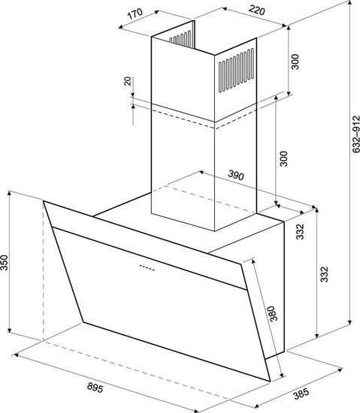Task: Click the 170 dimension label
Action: (135, 14)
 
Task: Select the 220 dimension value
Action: (256, 11)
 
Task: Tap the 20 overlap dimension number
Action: (128, 81)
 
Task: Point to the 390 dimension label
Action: (236, 176)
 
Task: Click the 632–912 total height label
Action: (355, 134)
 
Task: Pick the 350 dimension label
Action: (5, 262)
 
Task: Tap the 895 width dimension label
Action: (95, 387)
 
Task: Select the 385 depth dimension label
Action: (301, 393)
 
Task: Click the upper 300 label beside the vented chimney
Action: (295, 62)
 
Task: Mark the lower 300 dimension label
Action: (283, 158)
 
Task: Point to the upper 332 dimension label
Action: (300, 232)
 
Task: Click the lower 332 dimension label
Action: (325, 274)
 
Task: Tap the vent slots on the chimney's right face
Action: (237, 70)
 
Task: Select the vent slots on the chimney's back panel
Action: (180, 38)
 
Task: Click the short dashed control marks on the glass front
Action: (147, 267)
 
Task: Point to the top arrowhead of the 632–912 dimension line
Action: (350, 3)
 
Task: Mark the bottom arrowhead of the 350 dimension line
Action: (10, 330)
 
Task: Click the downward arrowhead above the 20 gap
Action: (133, 95)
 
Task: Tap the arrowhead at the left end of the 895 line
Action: (16, 355)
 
